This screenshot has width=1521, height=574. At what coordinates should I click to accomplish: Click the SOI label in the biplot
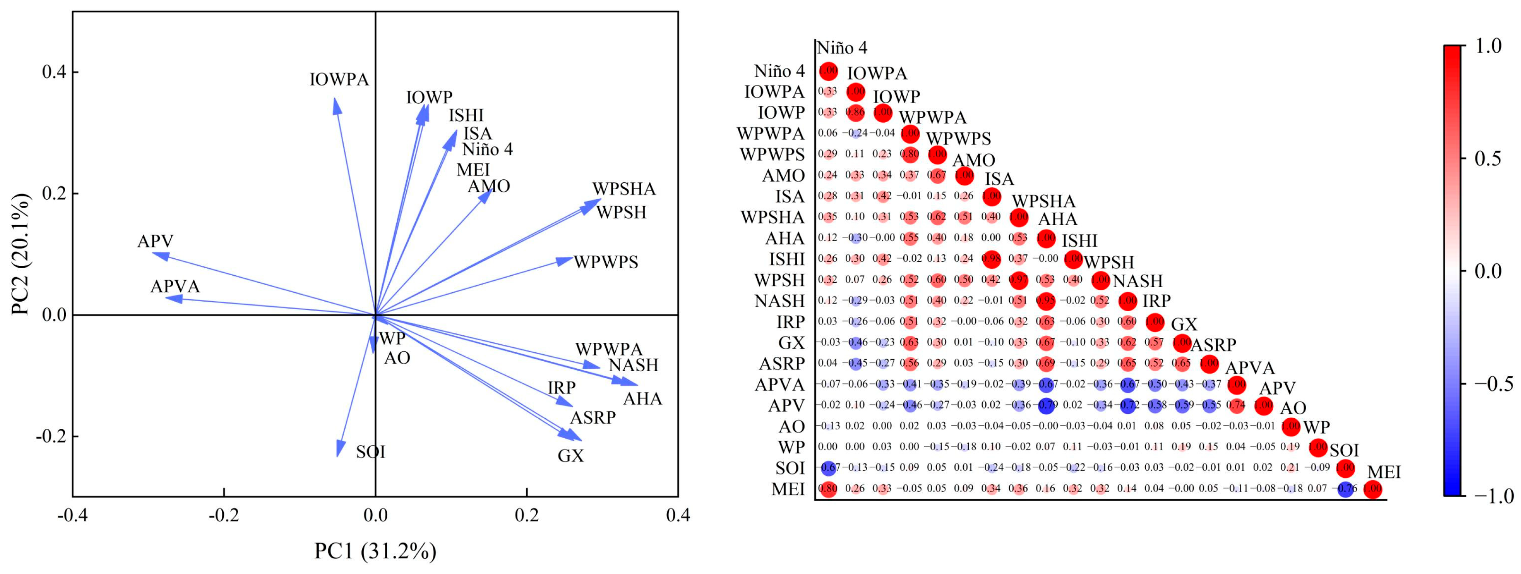tap(370, 452)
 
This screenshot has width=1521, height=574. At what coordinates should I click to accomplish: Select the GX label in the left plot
tap(570, 456)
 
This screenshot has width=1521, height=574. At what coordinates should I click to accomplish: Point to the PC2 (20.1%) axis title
tap(22, 254)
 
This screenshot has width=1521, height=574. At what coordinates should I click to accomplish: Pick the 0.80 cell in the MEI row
tap(828, 489)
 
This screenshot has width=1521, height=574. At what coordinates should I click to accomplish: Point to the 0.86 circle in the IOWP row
tap(855, 112)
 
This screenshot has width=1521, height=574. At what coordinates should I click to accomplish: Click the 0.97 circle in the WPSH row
tap(1019, 279)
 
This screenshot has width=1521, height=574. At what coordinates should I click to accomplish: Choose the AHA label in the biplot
tap(642, 399)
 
